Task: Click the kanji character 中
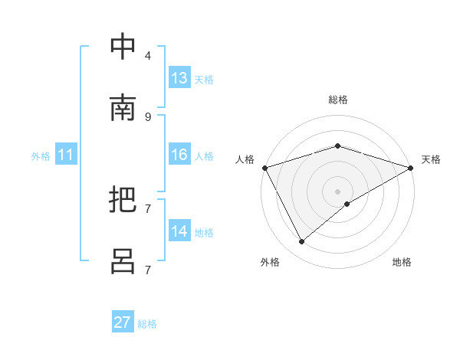click(123, 47)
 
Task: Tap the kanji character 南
click(123, 109)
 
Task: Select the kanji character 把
click(123, 201)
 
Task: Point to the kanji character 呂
click(123, 262)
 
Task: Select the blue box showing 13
click(179, 78)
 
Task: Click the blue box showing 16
click(179, 155)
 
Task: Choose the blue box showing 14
click(179, 231)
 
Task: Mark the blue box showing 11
click(66, 155)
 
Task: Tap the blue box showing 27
click(123, 322)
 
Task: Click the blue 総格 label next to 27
click(147, 324)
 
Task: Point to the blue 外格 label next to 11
click(41, 156)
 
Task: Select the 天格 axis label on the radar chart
click(431, 159)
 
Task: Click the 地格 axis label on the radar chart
click(402, 262)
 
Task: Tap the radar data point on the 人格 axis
click(264, 168)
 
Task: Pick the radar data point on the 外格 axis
click(302, 242)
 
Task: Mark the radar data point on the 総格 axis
click(337, 146)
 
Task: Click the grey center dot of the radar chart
click(337, 191)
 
